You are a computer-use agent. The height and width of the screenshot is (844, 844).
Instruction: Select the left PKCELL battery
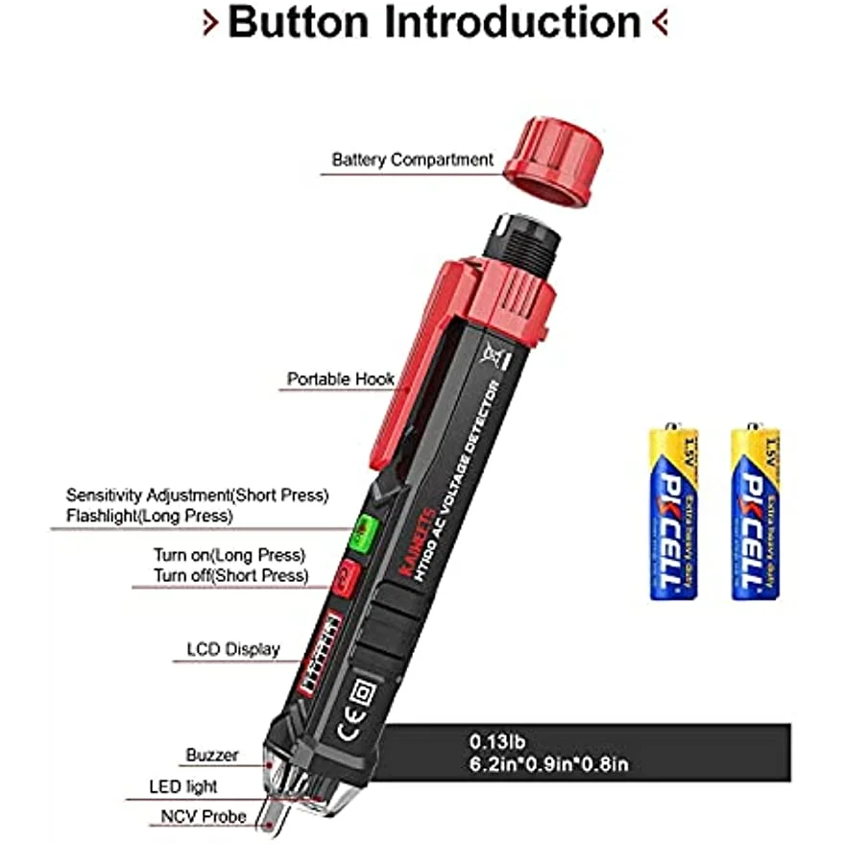[673, 512]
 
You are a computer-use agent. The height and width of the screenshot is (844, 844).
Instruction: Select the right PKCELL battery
[756, 512]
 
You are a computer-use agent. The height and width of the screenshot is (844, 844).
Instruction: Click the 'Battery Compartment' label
[412, 159]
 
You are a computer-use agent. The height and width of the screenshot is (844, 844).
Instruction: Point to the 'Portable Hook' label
[341, 379]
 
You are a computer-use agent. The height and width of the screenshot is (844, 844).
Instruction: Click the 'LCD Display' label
[233, 649]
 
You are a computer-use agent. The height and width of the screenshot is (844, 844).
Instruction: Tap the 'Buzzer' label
[212, 755]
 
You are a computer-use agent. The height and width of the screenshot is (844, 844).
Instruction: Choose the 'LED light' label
[183, 786]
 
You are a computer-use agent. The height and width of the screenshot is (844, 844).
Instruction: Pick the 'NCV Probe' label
[203, 817]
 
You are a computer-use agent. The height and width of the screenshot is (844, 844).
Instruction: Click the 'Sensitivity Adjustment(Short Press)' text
[197, 495]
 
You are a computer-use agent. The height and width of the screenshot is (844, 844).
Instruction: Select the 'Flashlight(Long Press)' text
[149, 517]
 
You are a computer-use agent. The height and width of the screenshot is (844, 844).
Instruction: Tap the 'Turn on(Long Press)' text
[229, 555]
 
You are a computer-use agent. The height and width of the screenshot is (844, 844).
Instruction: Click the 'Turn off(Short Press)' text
[231, 576]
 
